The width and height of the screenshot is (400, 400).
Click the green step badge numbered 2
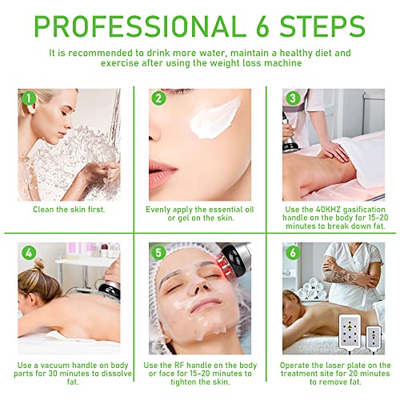click(160, 99)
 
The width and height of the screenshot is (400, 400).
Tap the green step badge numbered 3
click(292, 99)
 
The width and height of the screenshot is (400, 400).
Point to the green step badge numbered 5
click(160, 254)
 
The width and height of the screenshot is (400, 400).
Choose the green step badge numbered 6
click(292, 254)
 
